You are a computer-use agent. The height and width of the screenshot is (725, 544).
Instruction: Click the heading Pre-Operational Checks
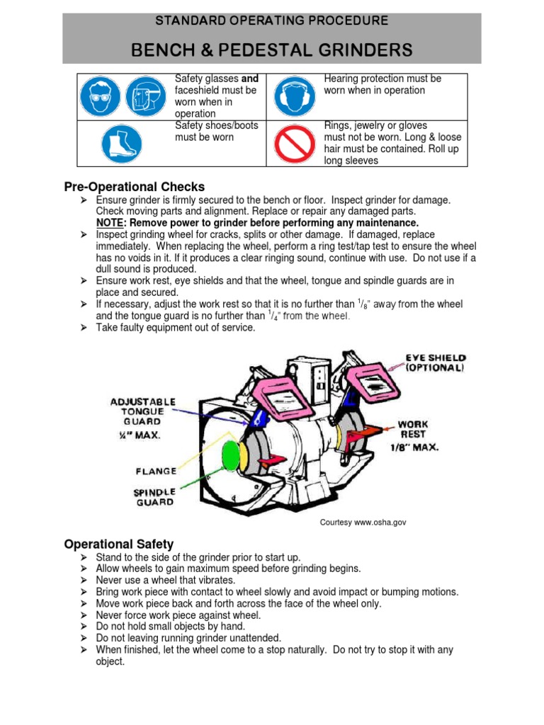click(134, 187)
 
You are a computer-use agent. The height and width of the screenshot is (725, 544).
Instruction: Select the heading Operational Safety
click(118, 544)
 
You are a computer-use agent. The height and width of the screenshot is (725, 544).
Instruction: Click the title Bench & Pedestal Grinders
click(271, 50)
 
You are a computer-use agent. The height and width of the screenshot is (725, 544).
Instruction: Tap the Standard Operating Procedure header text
click(271, 21)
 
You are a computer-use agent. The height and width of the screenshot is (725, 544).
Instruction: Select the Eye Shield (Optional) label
click(434, 363)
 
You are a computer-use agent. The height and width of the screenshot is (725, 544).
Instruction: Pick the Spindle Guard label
click(154, 497)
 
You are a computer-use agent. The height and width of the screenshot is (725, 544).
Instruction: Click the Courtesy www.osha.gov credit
click(363, 523)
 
